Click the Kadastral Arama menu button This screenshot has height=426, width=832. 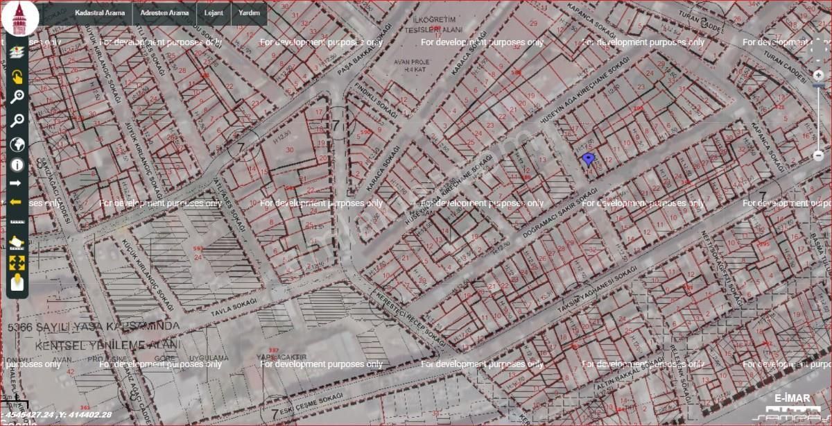[100, 12]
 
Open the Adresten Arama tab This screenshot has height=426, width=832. [164, 12]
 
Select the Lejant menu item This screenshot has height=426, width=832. [214, 12]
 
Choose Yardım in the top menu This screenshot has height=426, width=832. [249, 12]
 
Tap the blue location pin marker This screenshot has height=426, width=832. [588, 160]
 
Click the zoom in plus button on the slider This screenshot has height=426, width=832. [818, 74]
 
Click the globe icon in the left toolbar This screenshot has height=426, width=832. [17, 144]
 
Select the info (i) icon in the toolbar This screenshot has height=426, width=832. [17, 164]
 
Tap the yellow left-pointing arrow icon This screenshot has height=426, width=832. [17, 203]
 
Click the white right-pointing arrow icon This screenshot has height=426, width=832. [17, 184]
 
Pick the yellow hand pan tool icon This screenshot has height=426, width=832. [17, 76]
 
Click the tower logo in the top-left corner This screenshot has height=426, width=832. [20, 18]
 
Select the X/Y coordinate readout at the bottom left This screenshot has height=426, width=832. [57, 414]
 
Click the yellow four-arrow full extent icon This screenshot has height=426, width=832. [17, 263]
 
